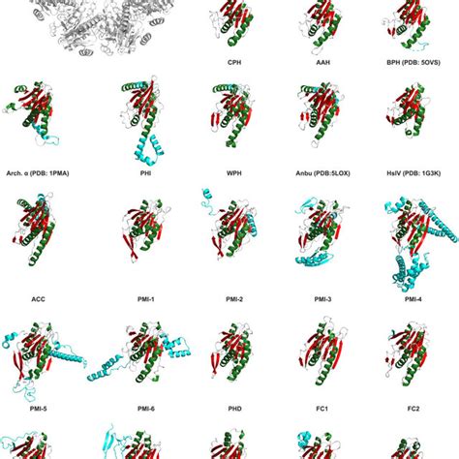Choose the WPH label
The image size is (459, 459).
point(233,173)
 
